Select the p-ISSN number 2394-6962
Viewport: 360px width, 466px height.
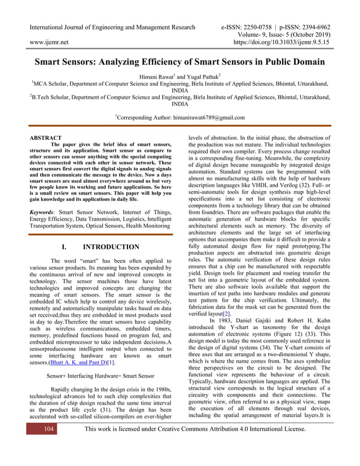coord(312,27)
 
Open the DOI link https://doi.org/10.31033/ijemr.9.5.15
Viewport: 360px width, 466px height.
coord(282,42)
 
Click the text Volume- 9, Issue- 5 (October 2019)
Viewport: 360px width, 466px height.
coord(286,34)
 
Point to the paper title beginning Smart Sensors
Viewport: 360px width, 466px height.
coord(180,61)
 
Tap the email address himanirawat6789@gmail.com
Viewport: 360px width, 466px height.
coord(205,117)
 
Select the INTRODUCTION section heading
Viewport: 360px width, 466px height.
coord(111,247)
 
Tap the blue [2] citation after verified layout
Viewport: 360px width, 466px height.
coord(227,313)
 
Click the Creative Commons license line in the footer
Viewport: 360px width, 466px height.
coord(195,429)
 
